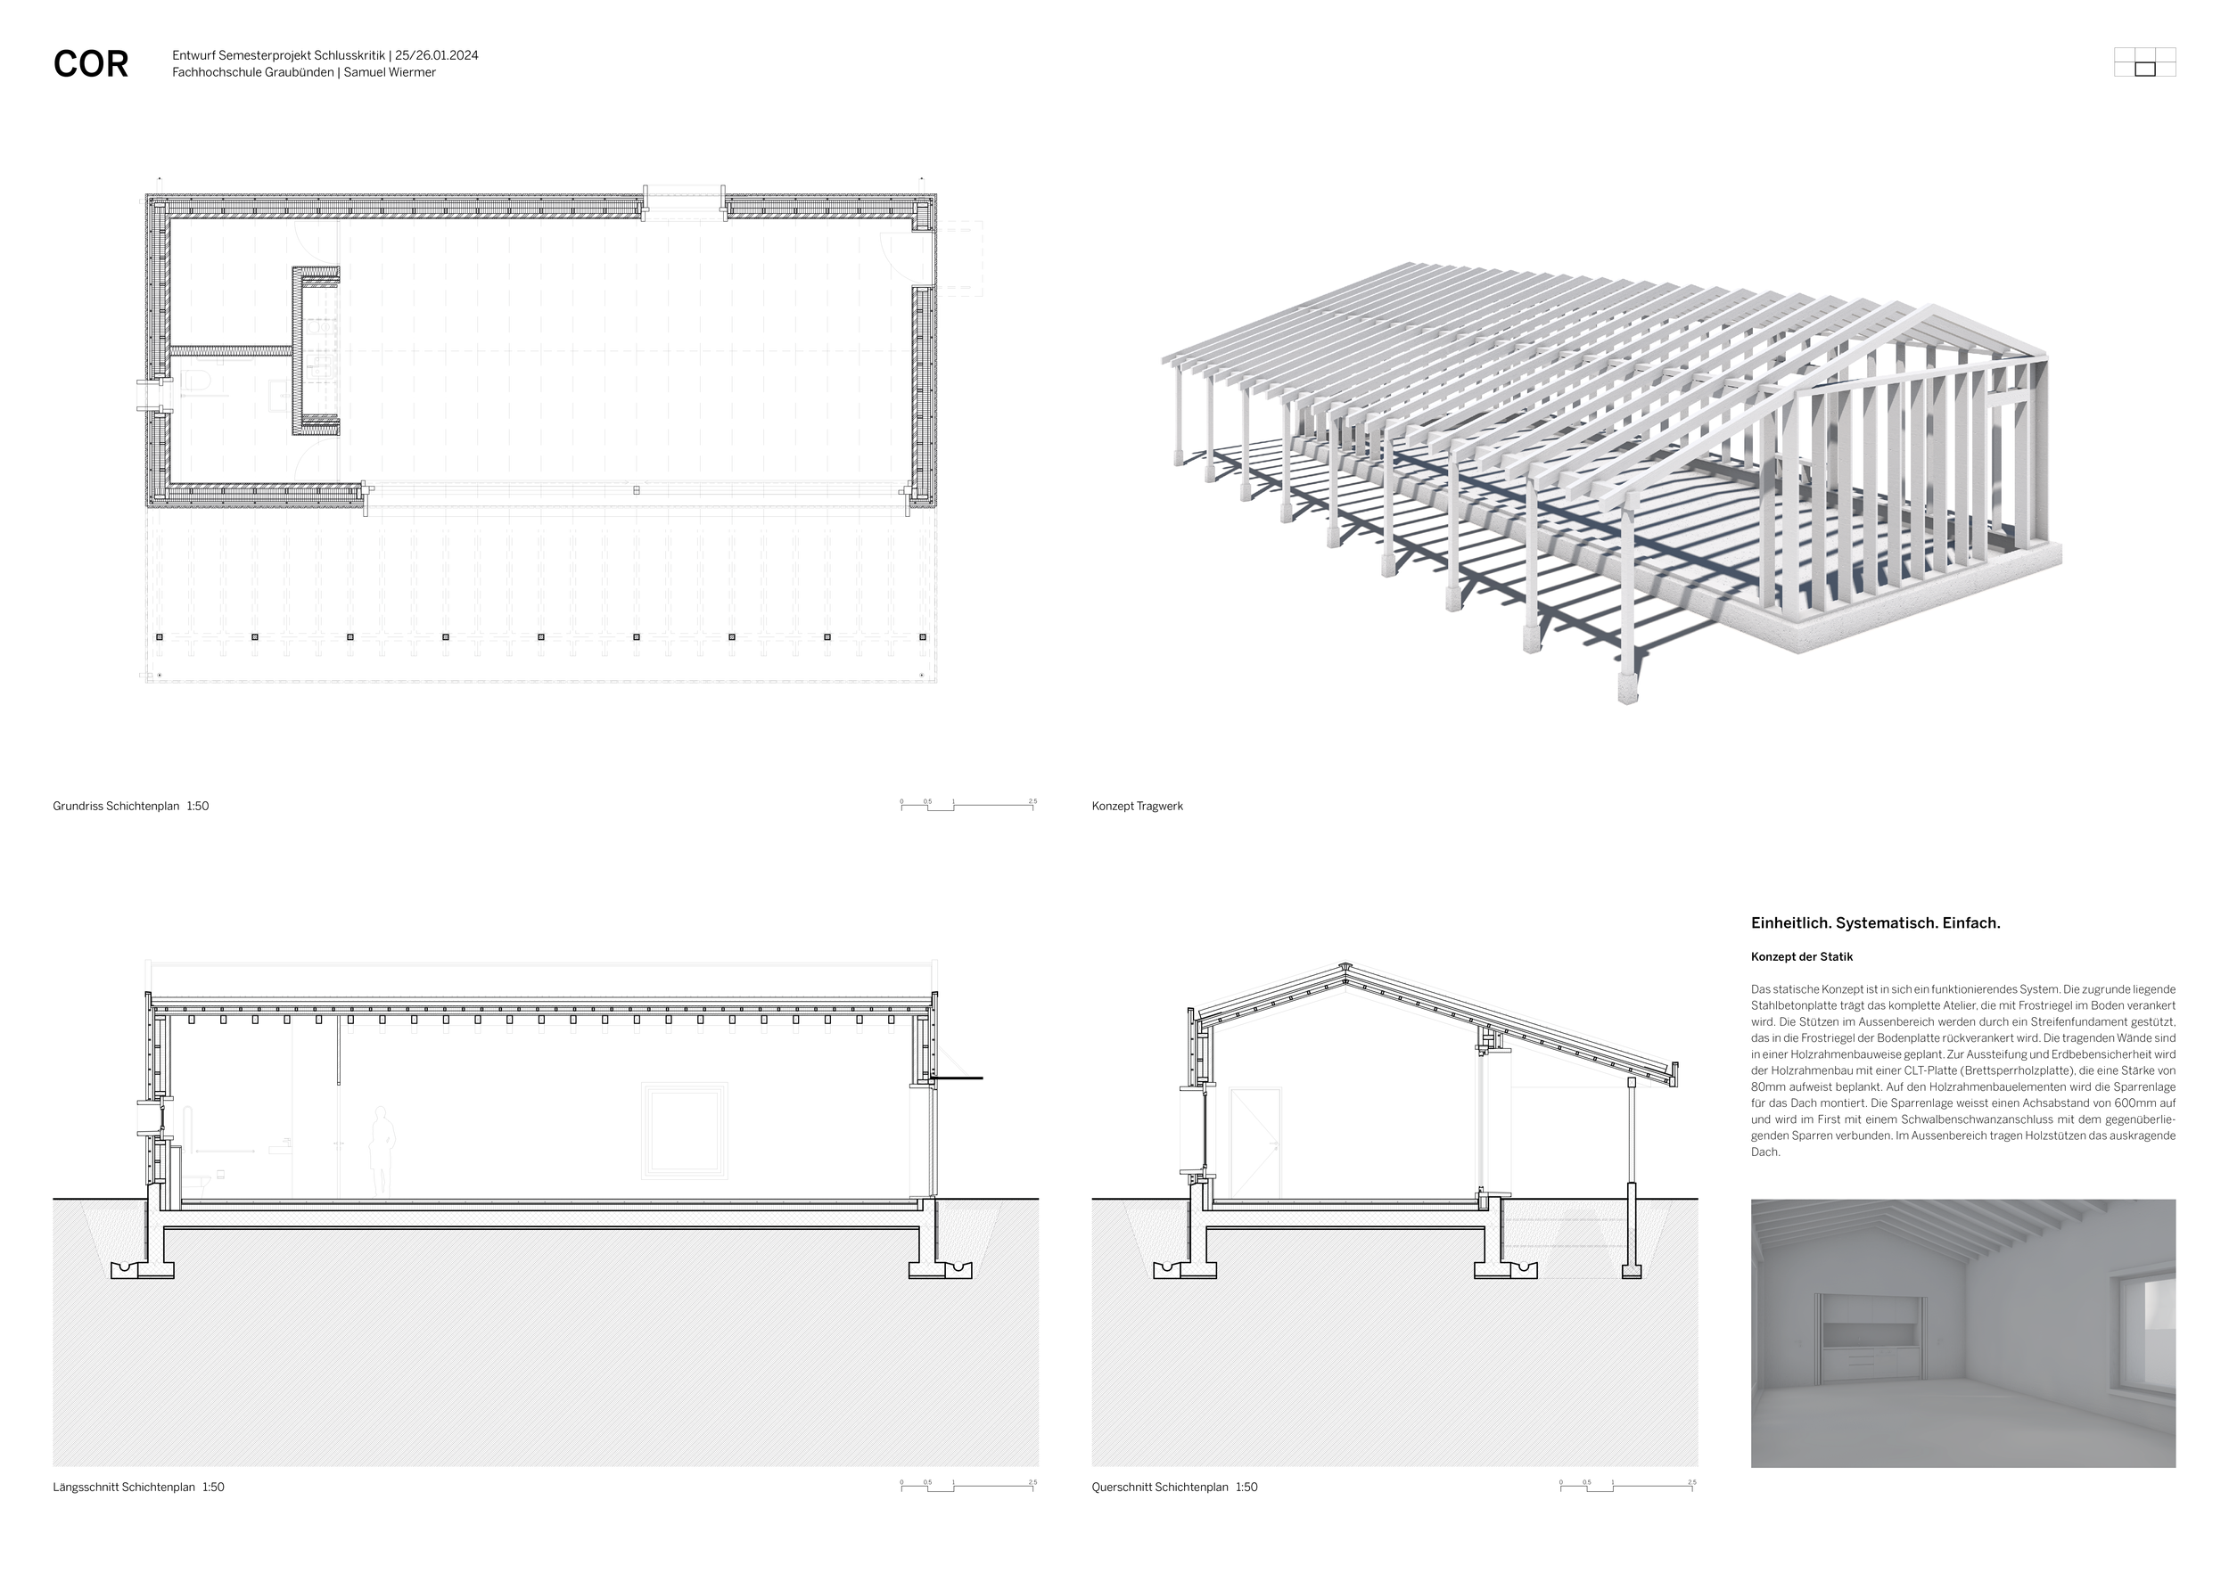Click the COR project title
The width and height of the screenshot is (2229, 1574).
pyautogui.click(x=90, y=64)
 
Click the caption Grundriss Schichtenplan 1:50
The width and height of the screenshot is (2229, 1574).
pyautogui.click(x=131, y=806)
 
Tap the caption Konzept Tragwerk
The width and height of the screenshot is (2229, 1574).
pyautogui.click(x=1137, y=806)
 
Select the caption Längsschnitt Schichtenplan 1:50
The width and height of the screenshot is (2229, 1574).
pyautogui.click(x=138, y=1487)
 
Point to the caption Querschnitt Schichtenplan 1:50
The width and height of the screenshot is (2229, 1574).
pyautogui.click(x=1173, y=1487)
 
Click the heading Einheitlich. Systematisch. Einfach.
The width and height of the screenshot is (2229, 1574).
pyautogui.click(x=1875, y=922)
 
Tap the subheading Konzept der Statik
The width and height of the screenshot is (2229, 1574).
pyautogui.click(x=1801, y=957)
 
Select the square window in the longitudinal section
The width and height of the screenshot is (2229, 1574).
pyautogui.click(x=685, y=1130)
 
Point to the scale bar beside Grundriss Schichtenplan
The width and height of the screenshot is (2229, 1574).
pyautogui.click(x=968, y=805)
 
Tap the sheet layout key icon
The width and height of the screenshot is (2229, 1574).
pyautogui.click(x=2144, y=62)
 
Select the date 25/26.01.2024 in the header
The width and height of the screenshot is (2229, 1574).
pyautogui.click(x=436, y=55)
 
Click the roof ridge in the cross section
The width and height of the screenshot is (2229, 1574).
pyautogui.click(x=1345, y=968)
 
